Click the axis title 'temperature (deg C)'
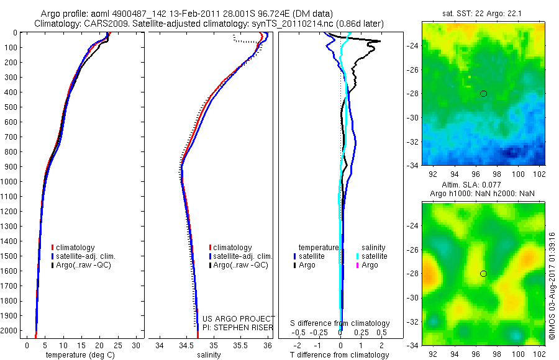tap(79, 355)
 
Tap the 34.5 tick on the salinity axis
tap(186, 345)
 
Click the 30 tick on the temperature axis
tap(137, 345)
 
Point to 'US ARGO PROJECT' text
tap(239, 318)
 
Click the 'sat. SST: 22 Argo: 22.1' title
tap(483, 13)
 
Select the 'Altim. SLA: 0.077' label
tap(483, 186)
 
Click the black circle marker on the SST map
tap(483, 94)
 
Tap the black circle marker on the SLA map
tap(483, 274)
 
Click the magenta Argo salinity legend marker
tap(358, 265)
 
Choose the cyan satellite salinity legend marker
tap(358, 256)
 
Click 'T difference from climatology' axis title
tap(340, 355)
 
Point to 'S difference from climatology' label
tap(340, 323)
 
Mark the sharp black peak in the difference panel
tap(379, 42)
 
